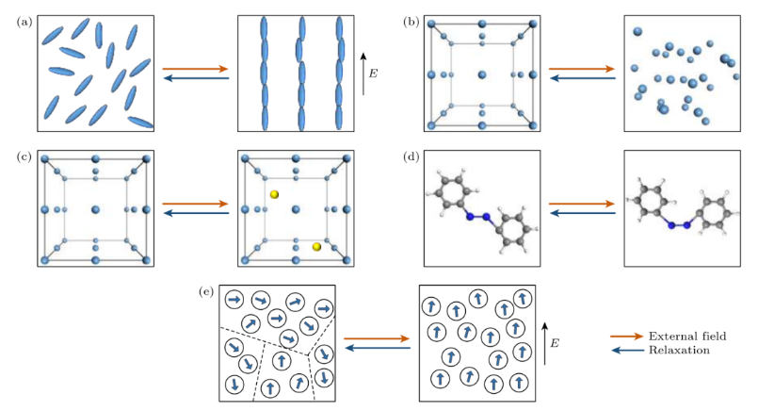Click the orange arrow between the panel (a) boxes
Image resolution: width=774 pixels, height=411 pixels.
coord(195,69)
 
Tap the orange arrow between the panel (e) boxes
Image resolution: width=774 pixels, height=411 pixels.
coord(377,338)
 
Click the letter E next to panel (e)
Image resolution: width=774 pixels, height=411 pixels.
coord(556,344)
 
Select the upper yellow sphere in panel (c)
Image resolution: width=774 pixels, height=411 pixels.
coord(275,194)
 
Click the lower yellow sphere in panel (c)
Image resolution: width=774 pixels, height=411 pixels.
coord(317,247)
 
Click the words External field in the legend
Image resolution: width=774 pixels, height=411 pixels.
coord(686,335)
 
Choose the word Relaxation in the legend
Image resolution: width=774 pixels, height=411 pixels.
coord(679,350)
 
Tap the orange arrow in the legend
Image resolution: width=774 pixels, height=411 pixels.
coord(626,335)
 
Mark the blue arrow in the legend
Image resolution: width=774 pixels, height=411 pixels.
coord(626,350)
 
